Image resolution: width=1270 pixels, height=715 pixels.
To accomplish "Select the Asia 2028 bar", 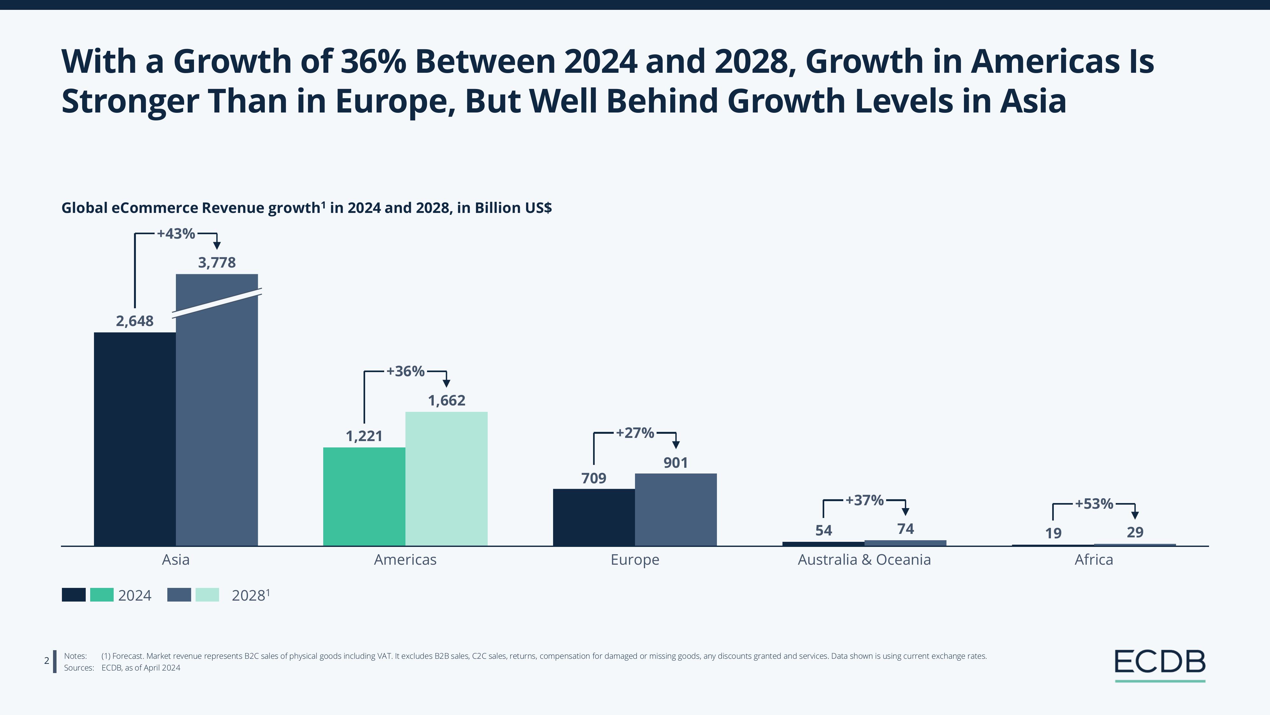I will pos(217,419).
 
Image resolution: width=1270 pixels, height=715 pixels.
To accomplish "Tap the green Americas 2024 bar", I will pos(364,496).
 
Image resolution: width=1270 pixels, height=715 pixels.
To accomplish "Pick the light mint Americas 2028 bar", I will pos(446,478).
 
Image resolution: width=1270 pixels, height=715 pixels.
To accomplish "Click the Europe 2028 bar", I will pos(675,509).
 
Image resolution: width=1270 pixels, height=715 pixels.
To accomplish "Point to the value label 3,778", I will pos(217,262).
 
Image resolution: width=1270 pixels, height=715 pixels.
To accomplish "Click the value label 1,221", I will pos(364,436).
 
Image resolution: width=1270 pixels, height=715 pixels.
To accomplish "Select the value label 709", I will pos(594,478).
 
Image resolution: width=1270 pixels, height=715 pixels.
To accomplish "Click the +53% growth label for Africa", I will pos(1094,504).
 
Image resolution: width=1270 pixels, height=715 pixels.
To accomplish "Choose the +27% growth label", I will pos(635,433).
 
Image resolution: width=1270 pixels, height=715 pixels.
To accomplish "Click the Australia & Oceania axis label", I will pos(864,560).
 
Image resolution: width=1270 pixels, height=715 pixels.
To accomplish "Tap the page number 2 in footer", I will pos(47,661).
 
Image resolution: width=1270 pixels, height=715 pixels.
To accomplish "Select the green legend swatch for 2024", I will pos(102,595).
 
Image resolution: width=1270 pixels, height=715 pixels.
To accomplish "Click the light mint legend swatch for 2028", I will pos(207,595).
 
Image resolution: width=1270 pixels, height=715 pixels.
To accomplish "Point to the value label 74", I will pos(906,529).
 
